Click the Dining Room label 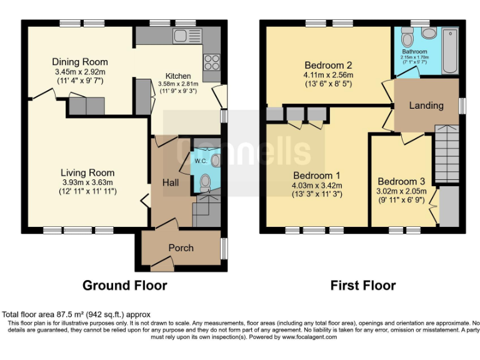click(79, 62)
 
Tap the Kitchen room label click(177, 76)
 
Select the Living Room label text click(87, 172)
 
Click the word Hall click(171, 182)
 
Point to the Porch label click(181, 247)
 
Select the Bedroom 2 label click(328, 65)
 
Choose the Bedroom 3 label click(401, 181)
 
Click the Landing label click(426, 106)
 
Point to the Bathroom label click(414, 52)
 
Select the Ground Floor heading click(125, 286)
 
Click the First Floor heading click(362, 286)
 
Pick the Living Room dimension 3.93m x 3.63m click(87, 182)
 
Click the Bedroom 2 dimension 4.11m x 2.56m click(328, 76)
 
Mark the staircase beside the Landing click(446, 153)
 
